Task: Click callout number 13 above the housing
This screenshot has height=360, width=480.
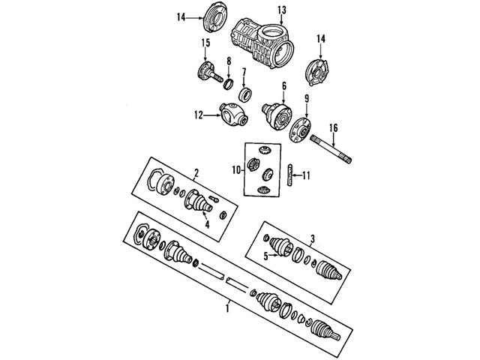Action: coord(282,10)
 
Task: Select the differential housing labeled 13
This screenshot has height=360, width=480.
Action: coord(262,43)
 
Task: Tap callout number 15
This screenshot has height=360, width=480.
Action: coord(205,43)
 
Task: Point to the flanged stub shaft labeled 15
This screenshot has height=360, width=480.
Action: coord(210,72)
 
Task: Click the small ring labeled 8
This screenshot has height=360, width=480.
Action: coord(229,84)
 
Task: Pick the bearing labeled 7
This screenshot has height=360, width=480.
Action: coord(246,94)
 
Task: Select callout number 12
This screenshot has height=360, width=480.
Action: coord(199,115)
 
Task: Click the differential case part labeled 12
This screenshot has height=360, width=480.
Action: coord(233,115)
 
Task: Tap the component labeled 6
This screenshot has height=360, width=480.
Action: coord(277,117)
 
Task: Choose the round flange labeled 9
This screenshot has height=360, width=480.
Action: coord(300,130)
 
